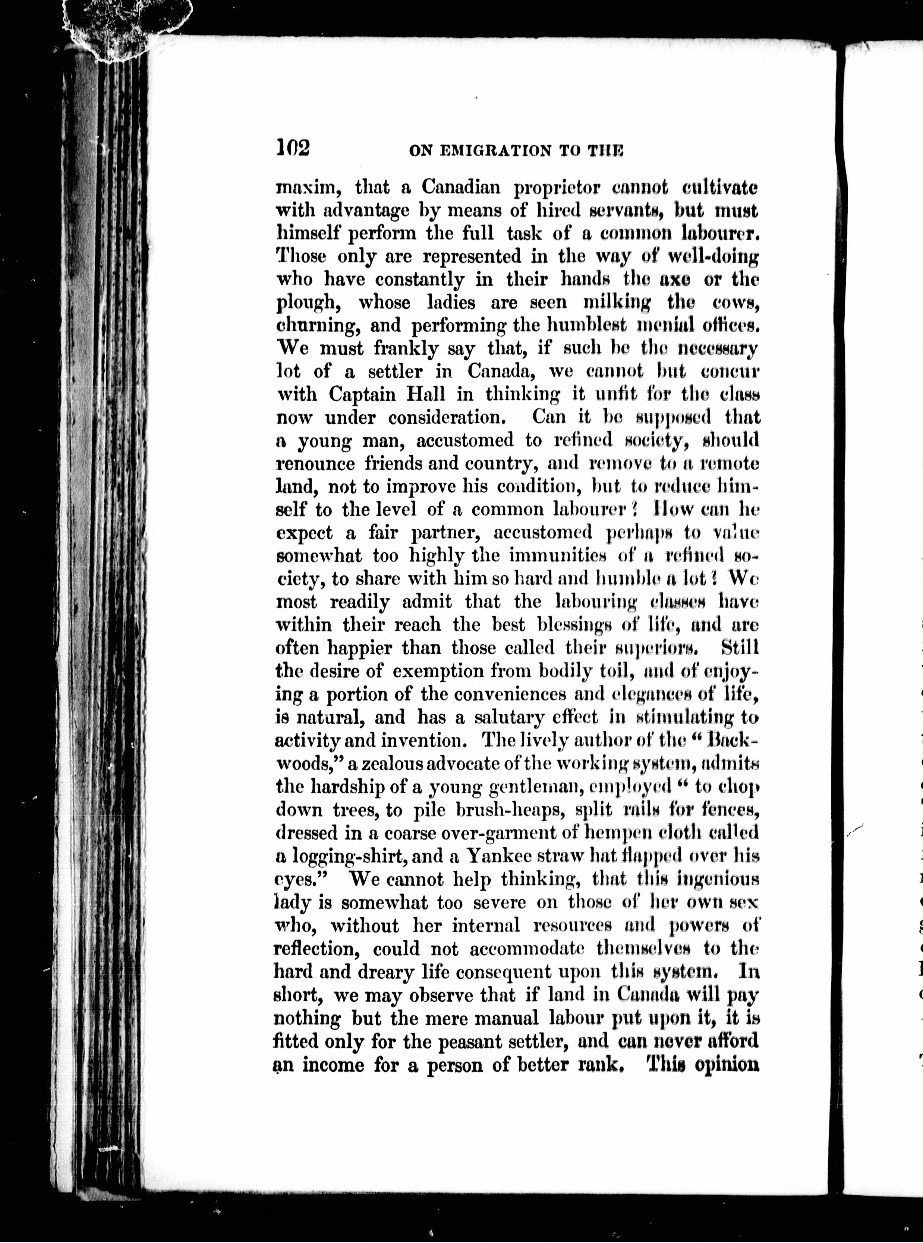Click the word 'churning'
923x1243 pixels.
(x=312, y=326)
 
